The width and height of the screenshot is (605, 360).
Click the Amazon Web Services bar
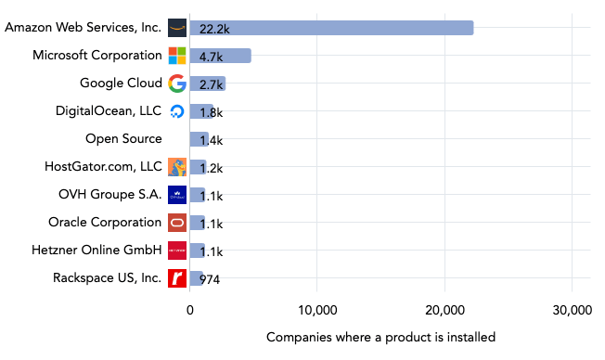pos(331,28)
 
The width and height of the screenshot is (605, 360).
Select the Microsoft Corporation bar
pos(220,56)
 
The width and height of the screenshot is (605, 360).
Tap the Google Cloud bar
pos(207,84)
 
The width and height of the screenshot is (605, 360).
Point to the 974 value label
pos(210,279)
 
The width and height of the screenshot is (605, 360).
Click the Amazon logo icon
pos(177,28)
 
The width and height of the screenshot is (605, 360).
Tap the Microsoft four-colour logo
pos(177,56)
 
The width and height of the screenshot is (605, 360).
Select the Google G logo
pos(177,84)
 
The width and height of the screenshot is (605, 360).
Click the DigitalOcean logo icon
pos(177,111)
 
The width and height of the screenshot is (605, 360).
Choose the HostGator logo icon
pos(177,167)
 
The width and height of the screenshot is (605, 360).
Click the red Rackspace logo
pos(177,278)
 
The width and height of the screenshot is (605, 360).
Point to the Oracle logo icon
pos(177,223)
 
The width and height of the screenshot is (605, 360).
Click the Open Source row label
pos(123,139)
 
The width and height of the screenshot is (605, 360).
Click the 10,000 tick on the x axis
pos(317,310)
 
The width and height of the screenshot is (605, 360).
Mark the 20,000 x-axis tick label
pos(444,310)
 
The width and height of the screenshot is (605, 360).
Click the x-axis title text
pos(380,337)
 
